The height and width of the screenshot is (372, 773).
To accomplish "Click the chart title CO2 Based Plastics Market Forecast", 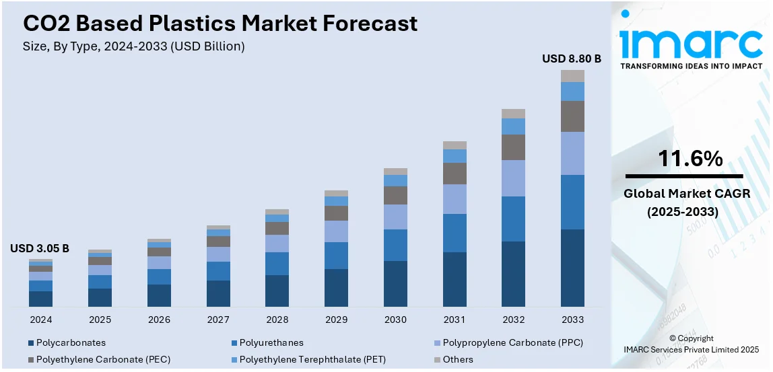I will pyautogui.click(x=220, y=24).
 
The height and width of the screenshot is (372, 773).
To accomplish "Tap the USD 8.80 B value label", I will pyautogui.click(x=571, y=59).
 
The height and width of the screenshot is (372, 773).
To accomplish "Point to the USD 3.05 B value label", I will pyautogui.click(x=40, y=248).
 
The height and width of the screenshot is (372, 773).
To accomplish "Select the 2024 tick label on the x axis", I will pyautogui.click(x=40, y=320).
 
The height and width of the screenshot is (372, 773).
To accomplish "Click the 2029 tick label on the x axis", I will pyautogui.click(x=336, y=320).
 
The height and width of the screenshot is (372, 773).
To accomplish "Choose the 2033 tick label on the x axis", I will pyautogui.click(x=572, y=320).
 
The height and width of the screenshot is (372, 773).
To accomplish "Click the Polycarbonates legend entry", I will pyautogui.click(x=71, y=342).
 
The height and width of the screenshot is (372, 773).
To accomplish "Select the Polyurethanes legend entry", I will pyautogui.click(x=271, y=342).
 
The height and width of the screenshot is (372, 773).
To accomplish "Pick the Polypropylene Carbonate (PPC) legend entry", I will pyautogui.click(x=512, y=342).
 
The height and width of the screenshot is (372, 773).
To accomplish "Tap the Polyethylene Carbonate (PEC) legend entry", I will pyautogui.click(x=103, y=359).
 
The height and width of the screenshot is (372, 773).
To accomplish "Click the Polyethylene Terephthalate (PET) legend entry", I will pyautogui.click(x=312, y=359).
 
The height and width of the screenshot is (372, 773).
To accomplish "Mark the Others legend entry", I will pyautogui.click(x=458, y=359).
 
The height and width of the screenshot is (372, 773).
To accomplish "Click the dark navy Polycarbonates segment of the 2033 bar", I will pyautogui.click(x=572, y=268).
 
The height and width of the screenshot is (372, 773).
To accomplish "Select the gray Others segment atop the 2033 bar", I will pyautogui.click(x=572, y=76).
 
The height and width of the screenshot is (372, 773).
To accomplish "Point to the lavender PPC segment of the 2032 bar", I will pyautogui.click(x=513, y=178).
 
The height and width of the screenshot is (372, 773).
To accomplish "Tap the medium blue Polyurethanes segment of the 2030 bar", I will pyautogui.click(x=395, y=245).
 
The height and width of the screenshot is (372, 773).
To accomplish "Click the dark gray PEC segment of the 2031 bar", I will pyautogui.click(x=455, y=174).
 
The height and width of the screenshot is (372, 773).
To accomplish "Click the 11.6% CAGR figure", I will pyautogui.click(x=690, y=159).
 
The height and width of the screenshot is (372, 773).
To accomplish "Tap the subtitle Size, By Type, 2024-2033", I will pyautogui.click(x=134, y=46).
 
